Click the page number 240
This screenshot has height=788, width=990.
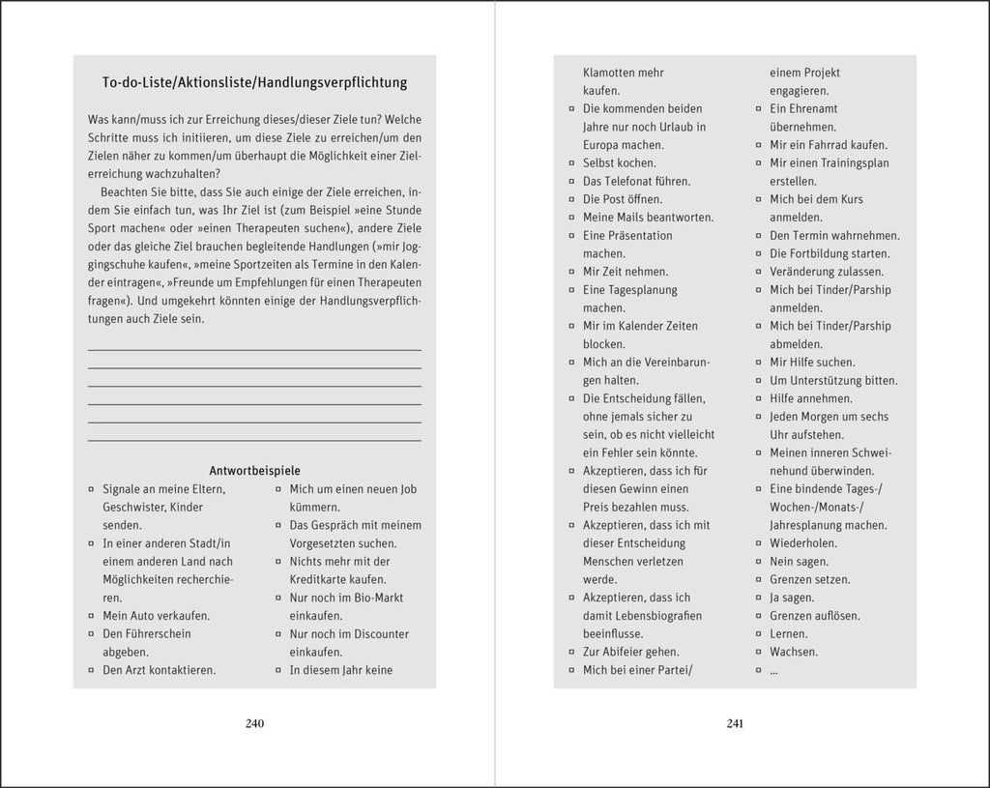click(x=255, y=723)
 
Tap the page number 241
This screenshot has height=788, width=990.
click(x=734, y=723)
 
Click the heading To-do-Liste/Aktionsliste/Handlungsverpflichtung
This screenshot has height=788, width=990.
click(x=254, y=82)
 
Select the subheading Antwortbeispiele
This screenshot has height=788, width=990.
click(x=254, y=471)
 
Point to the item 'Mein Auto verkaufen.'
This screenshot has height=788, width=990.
click(x=157, y=616)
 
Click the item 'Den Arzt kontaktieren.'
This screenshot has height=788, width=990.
click(x=160, y=670)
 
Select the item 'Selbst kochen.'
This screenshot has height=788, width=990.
click(x=619, y=163)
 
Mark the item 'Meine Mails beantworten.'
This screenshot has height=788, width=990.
click(x=648, y=218)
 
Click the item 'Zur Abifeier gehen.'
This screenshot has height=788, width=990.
click(x=630, y=652)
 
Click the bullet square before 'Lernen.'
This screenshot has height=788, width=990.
click(x=759, y=634)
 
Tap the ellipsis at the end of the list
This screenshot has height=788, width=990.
click(x=774, y=670)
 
